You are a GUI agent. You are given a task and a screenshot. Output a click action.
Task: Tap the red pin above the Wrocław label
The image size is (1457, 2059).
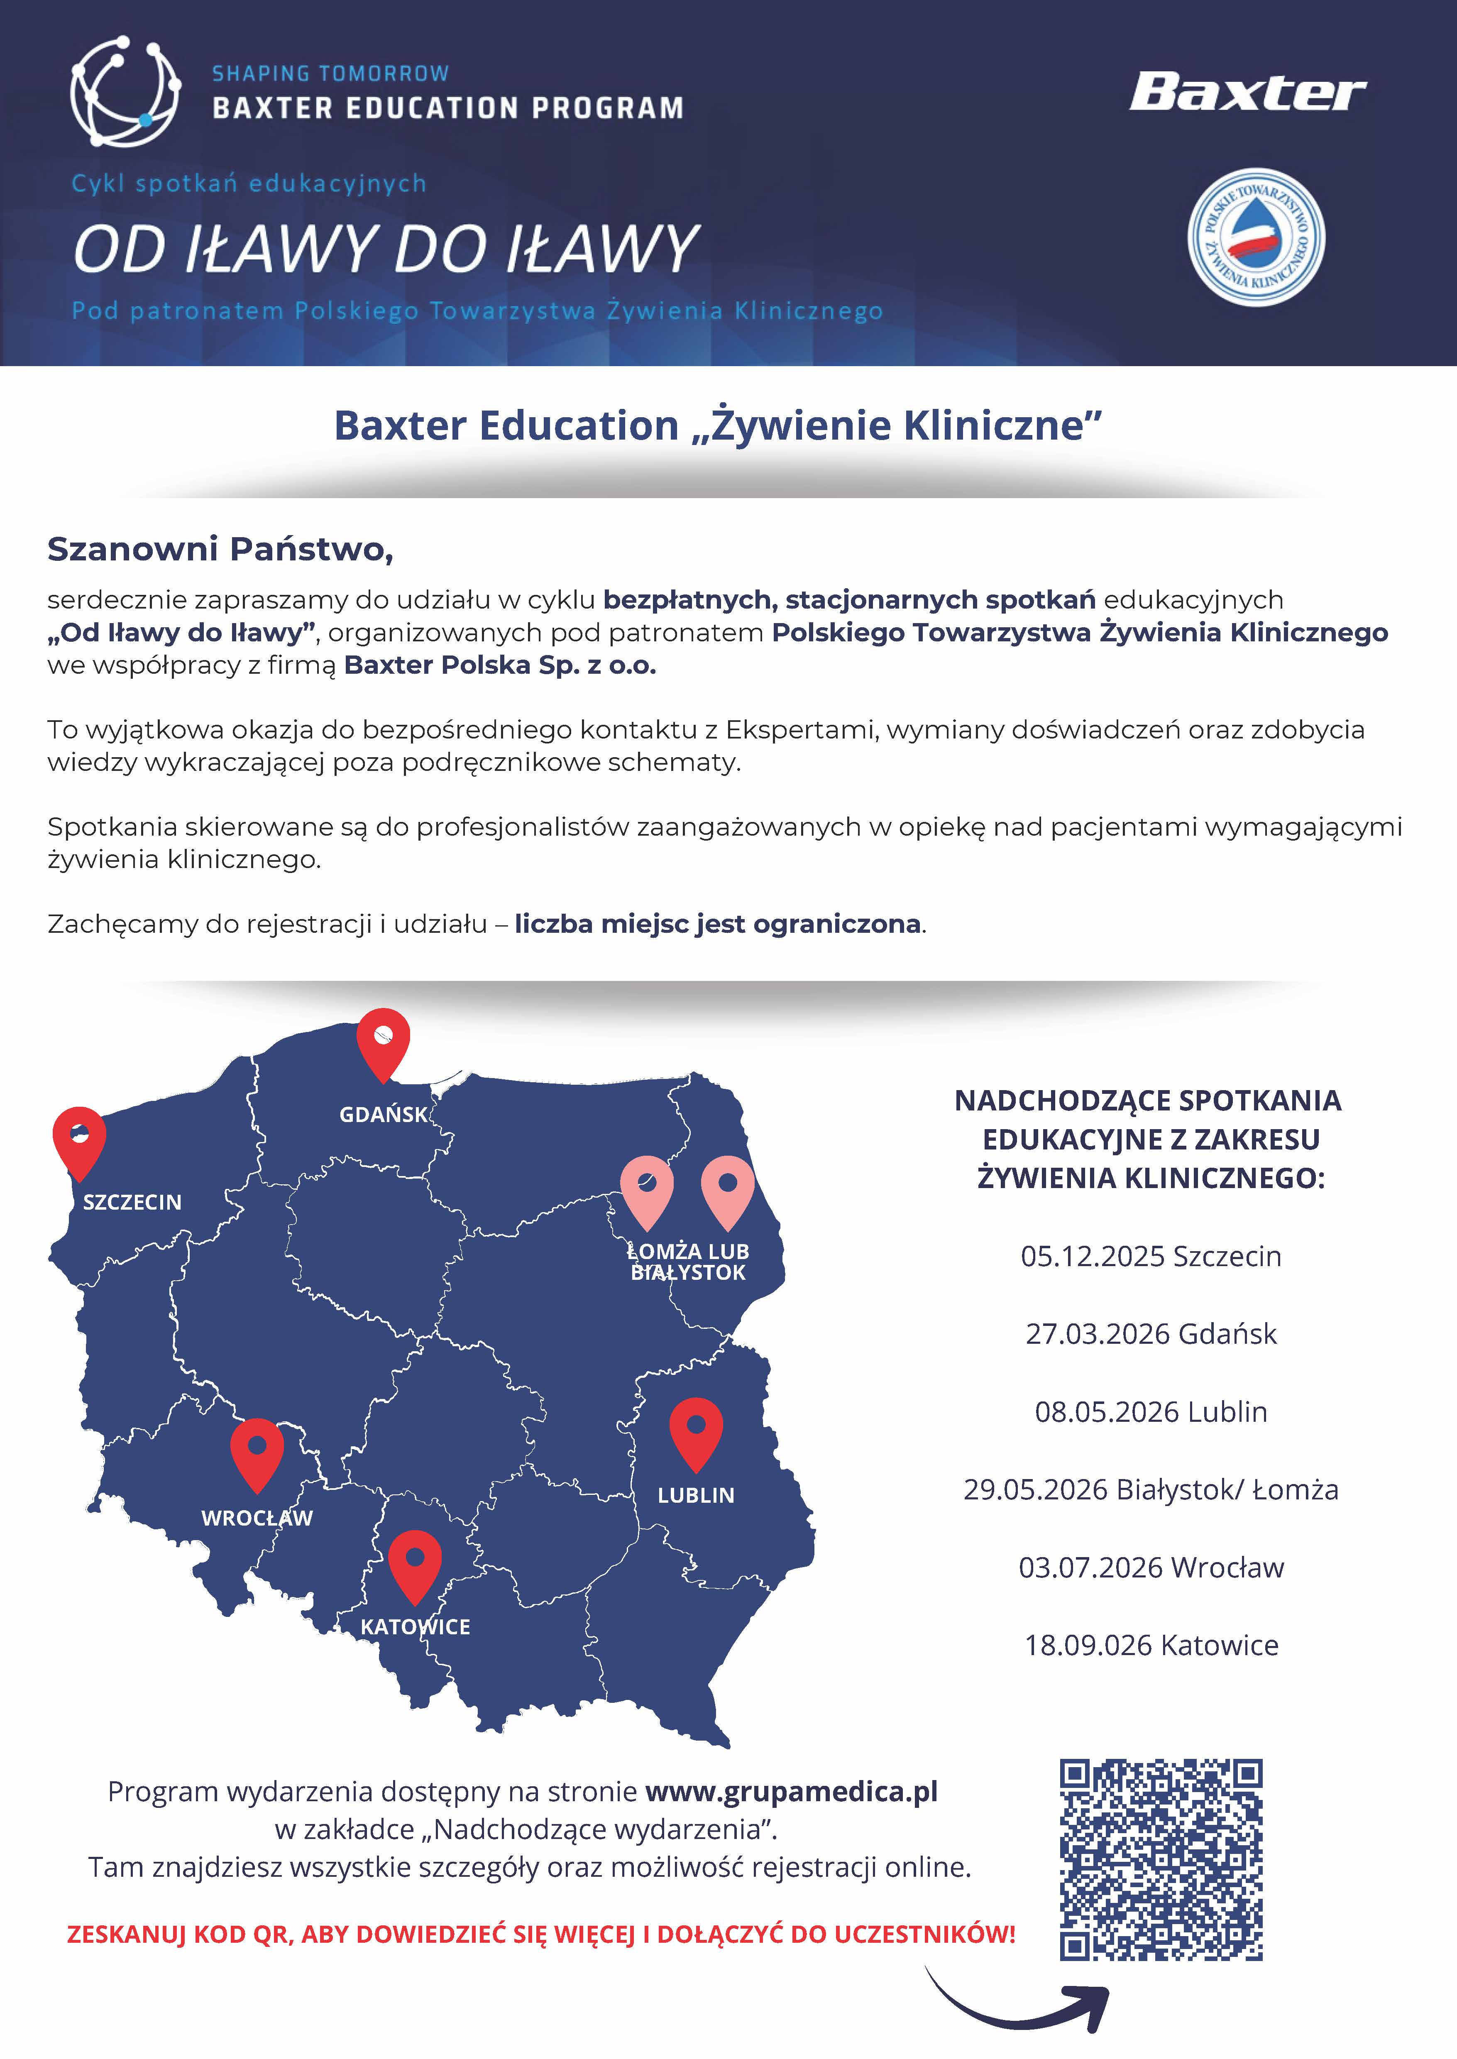click(x=257, y=1452)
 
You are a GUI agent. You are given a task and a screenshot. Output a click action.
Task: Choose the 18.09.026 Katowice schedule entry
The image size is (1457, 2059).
click(x=1151, y=1646)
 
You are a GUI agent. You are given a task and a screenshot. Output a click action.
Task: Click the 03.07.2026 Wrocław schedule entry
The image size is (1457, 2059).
click(x=1151, y=1567)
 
